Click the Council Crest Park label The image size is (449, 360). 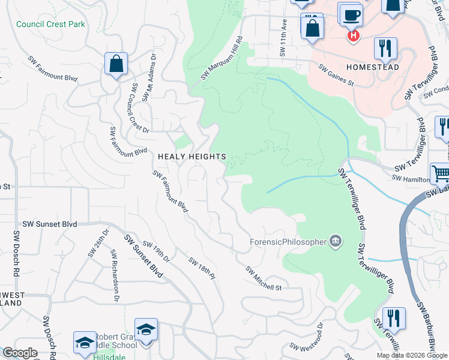tap(51, 25)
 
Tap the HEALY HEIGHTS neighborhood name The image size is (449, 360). tap(191, 157)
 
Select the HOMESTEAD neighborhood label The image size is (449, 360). tap(372, 68)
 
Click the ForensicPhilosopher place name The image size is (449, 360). tap(288, 242)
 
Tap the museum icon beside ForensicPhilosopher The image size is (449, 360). tap(335, 242)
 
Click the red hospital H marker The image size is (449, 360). tap(354, 36)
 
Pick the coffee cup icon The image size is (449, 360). tap(350, 14)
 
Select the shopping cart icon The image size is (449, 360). tap(441, 174)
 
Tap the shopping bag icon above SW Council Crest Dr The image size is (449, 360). tap(116, 64)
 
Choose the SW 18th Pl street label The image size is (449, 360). tap(201, 268)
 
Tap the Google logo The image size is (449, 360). tap(20, 353)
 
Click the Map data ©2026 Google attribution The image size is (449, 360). tap(412, 355)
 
